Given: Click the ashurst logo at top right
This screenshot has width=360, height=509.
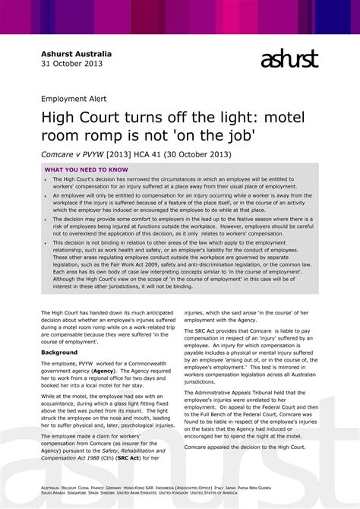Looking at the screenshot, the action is point(289,59).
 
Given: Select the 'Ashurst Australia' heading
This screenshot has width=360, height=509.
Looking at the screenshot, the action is point(76,54).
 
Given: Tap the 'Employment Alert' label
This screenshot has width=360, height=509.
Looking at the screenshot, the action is point(74,99).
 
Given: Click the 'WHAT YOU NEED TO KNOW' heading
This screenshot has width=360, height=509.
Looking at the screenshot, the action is point(86,169).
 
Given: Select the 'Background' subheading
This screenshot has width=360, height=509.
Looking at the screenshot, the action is point(59,353).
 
